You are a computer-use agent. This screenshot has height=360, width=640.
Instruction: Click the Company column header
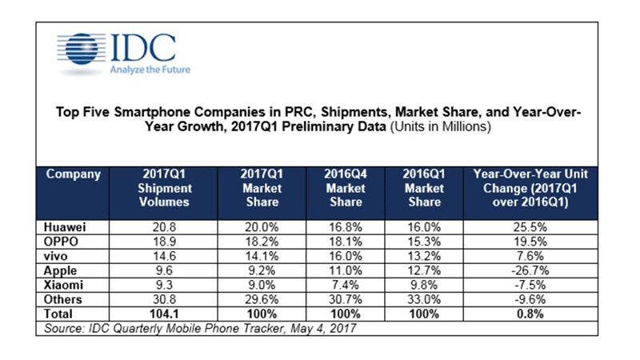(73, 174)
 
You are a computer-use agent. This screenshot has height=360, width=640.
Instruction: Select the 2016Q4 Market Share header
(345, 188)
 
